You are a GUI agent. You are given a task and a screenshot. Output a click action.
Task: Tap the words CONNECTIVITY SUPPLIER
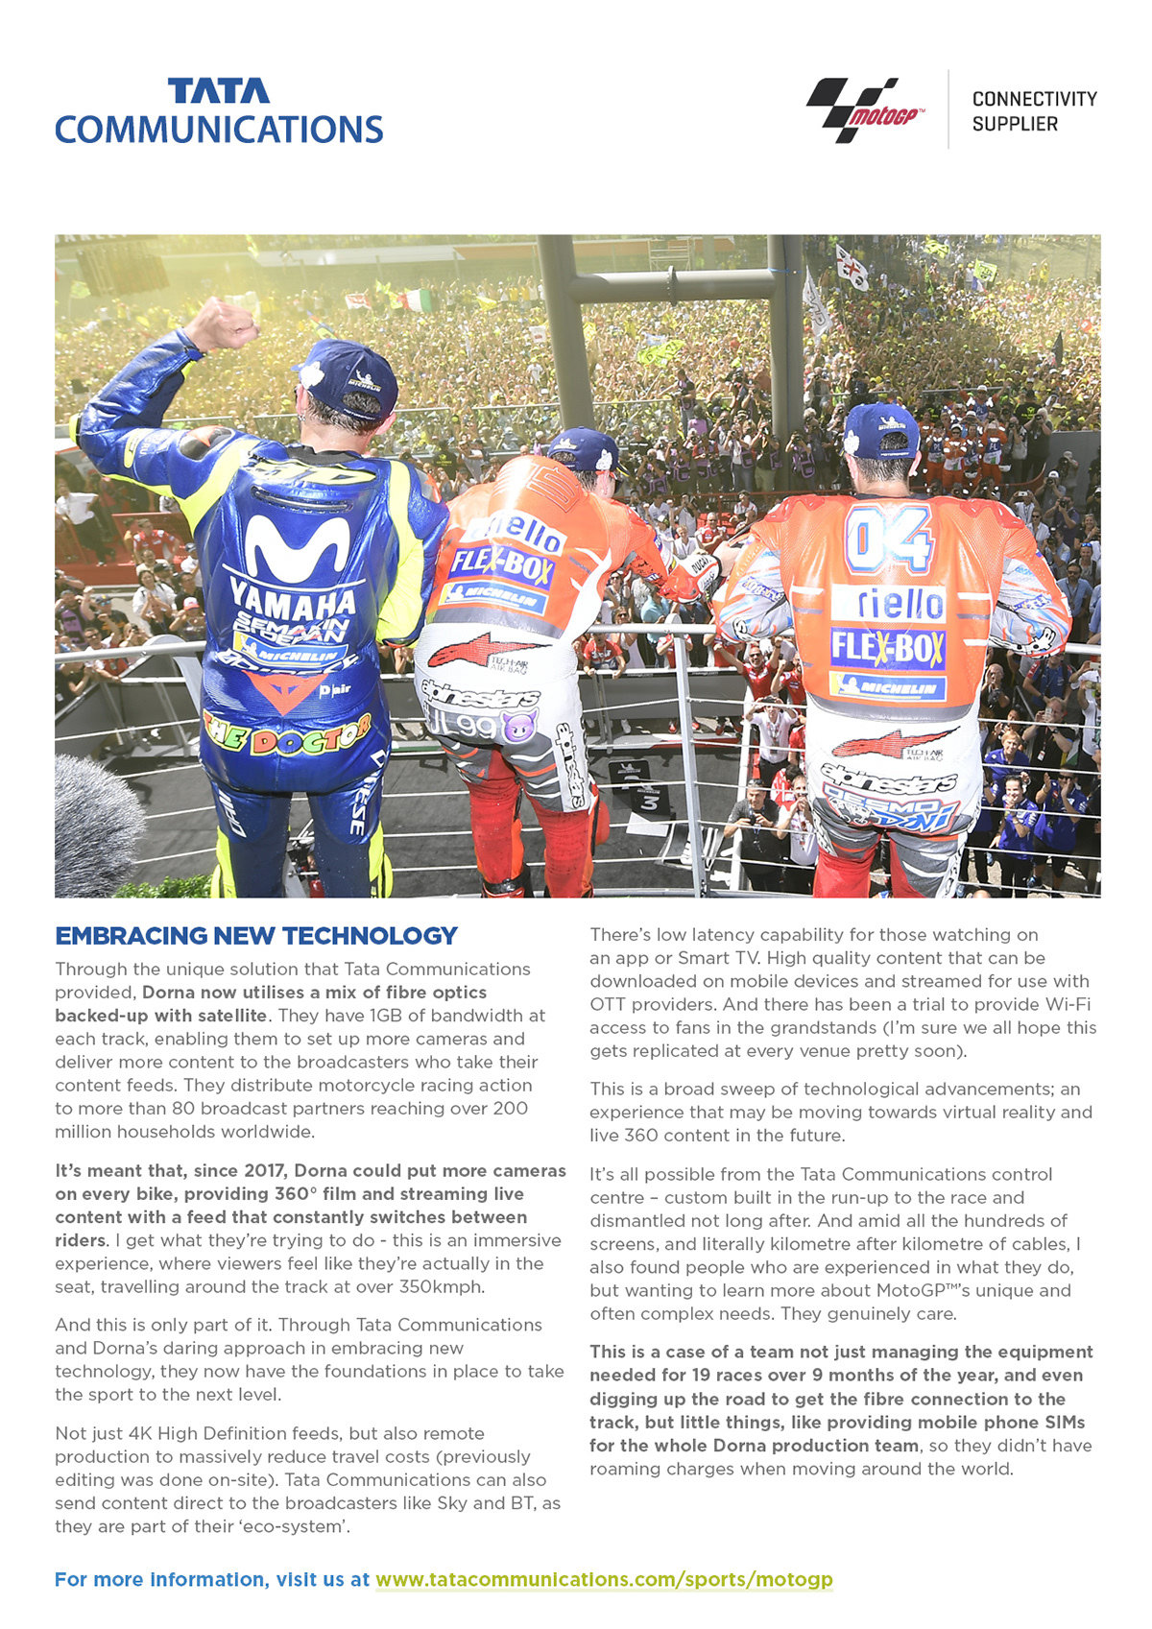[1033, 111]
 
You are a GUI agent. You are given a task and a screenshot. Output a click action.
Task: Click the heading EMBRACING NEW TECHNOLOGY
[256, 936]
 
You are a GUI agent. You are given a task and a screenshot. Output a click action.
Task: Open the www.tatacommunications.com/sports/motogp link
[604, 1579]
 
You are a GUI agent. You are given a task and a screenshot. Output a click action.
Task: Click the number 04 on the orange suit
[888, 539]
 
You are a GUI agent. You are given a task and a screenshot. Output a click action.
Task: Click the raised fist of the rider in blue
[224, 323]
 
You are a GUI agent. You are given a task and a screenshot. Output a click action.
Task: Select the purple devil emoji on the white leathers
[519, 726]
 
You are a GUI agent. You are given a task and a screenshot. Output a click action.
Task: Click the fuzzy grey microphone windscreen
[96, 826]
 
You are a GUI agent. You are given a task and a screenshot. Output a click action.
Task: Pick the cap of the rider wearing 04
[881, 428]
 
